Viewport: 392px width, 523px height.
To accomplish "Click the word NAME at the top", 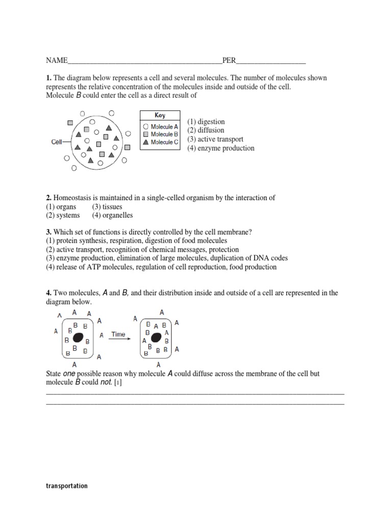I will pos(57,60).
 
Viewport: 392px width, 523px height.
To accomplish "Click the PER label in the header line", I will pos(229,60).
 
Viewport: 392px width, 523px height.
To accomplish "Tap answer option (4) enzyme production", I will pos(220,148).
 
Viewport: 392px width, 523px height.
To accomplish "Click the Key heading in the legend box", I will pos(160,115).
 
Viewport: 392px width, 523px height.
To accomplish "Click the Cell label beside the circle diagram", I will pos(57,142).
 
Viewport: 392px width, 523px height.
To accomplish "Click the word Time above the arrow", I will pos(118,335).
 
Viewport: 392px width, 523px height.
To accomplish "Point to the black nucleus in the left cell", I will pos(78,338).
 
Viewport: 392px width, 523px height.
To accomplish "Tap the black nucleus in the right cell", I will pos(157,338).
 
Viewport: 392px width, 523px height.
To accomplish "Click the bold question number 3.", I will pos(48,232).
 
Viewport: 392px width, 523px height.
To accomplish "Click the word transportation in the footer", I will pos(66,486).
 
